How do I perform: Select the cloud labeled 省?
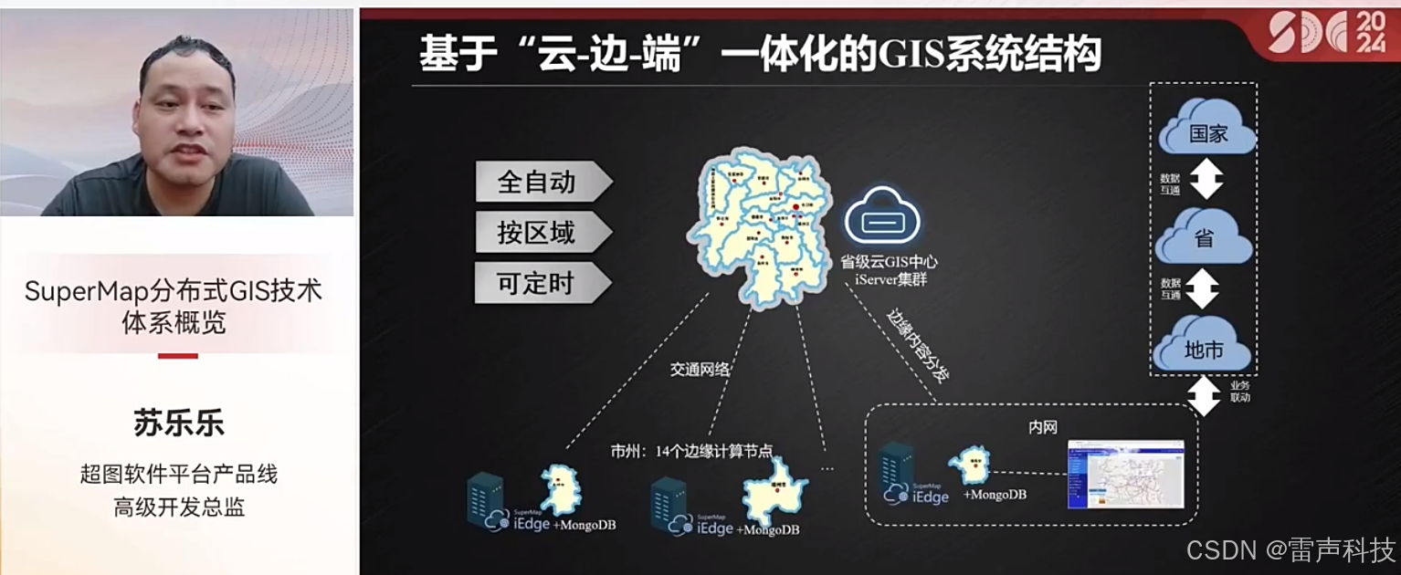pyautogui.click(x=1204, y=239)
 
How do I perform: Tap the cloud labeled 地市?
pyautogui.click(x=1203, y=350)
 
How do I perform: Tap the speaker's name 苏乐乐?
pyautogui.click(x=178, y=423)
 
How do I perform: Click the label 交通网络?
pyautogui.click(x=701, y=370)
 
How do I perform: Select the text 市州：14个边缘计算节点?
pyautogui.click(x=691, y=451)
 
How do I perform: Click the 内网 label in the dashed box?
pyautogui.click(x=1042, y=427)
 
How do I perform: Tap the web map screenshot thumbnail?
pyautogui.click(x=1125, y=475)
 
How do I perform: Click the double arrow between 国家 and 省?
pyautogui.click(x=1206, y=180)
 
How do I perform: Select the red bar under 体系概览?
pyautogui.click(x=178, y=356)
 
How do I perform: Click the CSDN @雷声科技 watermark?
pyautogui.click(x=1290, y=549)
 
